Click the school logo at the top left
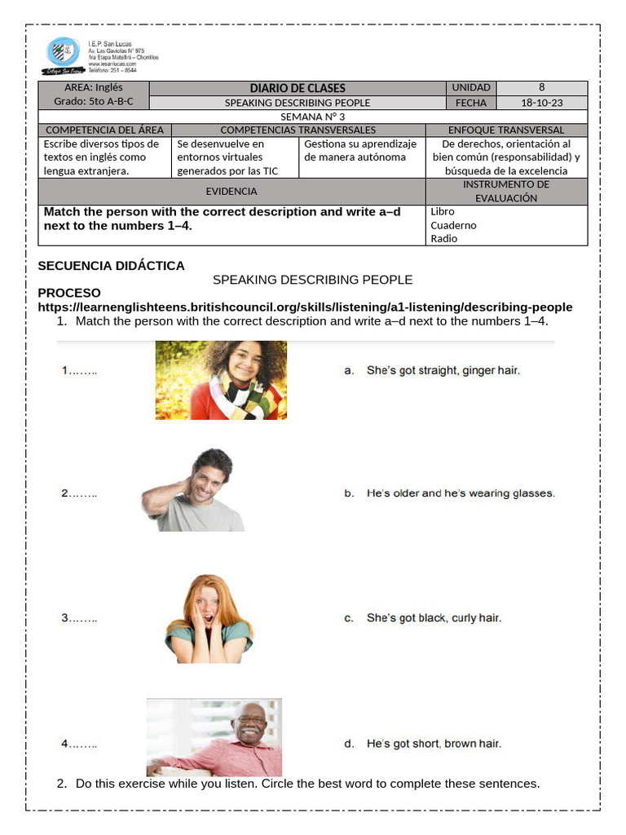click(x=64, y=55)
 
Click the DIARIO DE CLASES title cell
click(x=298, y=88)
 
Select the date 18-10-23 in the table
click(x=541, y=103)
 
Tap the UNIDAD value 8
click(x=541, y=88)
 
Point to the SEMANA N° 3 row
click(x=312, y=117)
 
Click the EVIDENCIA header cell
click(x=231, y=192)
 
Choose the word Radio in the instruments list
click(x=444, y=239)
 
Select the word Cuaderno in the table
click(x=454, y=225)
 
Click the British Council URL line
click(x=305, y=307)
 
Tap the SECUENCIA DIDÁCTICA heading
click(x=112, y=266)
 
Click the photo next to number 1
click(x=221, y=380)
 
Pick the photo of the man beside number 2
click(x=193, y=490)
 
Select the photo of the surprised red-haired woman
click(x=209, y=618)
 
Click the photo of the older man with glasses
click(x=214, y=737)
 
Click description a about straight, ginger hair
click(x=432, y=370)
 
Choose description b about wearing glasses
click(x=449, y=493)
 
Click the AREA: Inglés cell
click(x=94, y=88)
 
